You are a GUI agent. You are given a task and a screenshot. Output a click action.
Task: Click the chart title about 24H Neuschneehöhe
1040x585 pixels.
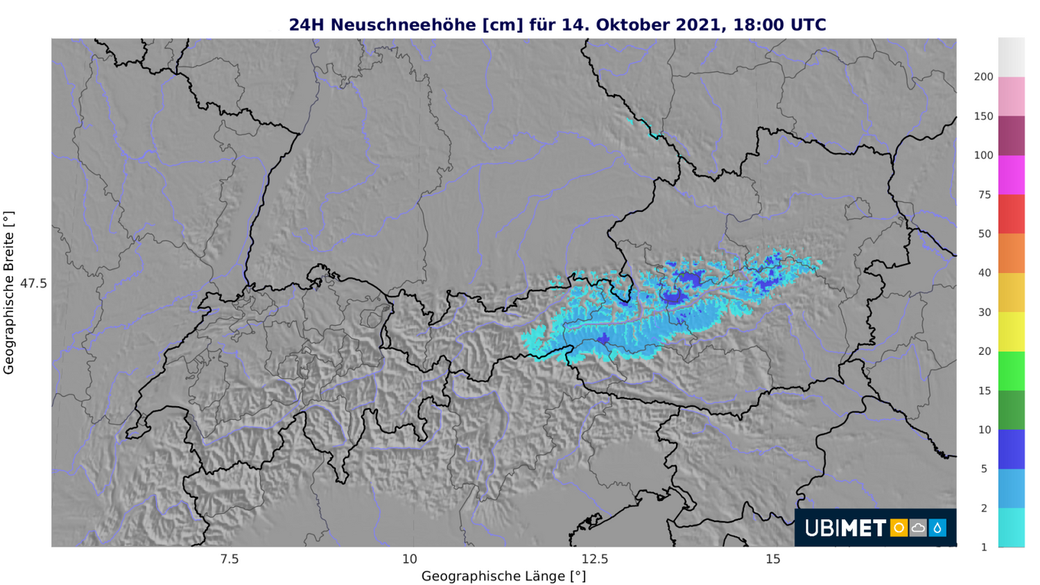[557, 25]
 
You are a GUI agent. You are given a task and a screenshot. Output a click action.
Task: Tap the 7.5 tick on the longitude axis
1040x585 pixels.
[229, 559]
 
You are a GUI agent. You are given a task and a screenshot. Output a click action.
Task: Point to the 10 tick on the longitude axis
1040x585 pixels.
[410, 559]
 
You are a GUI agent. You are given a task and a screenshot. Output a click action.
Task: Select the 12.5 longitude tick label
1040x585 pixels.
[594, 559]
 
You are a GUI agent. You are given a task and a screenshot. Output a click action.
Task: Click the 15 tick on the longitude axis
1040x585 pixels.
[773, 559]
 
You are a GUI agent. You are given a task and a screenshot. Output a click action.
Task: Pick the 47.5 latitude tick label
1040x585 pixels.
[33, 283]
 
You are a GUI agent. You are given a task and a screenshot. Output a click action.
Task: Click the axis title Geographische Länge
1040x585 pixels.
[503, 576]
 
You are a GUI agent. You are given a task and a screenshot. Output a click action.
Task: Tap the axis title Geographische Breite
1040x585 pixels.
[9, 293]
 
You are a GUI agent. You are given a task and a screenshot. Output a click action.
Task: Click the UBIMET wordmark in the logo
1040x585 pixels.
[845, 528]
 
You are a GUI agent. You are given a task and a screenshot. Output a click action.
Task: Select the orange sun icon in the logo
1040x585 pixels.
[899, 528]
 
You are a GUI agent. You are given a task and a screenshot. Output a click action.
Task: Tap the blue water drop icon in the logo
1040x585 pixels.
[937, 528]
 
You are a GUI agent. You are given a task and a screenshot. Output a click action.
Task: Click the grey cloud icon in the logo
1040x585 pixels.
[918, 528]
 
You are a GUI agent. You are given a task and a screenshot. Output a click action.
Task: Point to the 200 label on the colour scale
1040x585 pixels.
[983, 77]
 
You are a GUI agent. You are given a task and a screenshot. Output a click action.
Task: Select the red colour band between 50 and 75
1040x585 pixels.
[1011, 214]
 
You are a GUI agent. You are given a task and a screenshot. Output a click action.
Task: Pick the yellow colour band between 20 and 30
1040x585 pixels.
[1011, 331]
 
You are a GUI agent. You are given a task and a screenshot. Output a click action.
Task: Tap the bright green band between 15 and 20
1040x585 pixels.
[1011, 371]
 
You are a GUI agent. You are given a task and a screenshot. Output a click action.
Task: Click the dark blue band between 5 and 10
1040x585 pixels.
[1011, 449]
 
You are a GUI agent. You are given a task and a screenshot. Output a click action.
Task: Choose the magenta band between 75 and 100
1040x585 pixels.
[1011, 175]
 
